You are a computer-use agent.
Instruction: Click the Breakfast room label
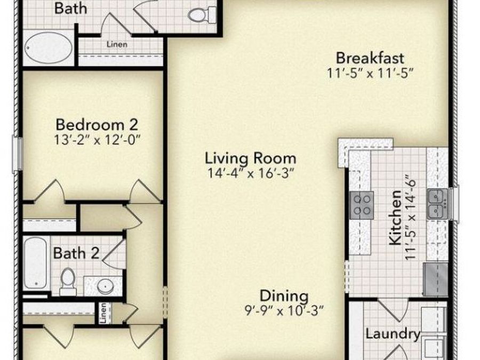[x=370, y=57]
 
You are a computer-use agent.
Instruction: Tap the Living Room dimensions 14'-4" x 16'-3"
[x=250, y=173]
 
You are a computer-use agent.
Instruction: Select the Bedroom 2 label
[x=97, y=125]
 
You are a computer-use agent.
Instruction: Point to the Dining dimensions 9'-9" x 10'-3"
[x=284, y=310]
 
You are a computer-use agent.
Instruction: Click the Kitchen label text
[x=396, y=219]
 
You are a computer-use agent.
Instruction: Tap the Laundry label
[x=393, y=334]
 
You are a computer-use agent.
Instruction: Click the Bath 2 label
[x=76, y=253]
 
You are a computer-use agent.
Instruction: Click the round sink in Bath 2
[x=105, y=286]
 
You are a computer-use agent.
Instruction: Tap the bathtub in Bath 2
[x=36, y=263]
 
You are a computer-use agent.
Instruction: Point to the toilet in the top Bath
[x=199, y=15]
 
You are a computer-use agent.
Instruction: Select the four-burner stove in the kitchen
[x=362, y=205]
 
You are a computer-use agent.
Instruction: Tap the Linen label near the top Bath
[x=117, y=44]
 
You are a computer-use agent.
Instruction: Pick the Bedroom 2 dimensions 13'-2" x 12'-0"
[x=97, y=140]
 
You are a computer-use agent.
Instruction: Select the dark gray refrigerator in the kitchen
[x=435, y=278]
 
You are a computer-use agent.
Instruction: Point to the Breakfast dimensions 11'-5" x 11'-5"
[x=370, y=73]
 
